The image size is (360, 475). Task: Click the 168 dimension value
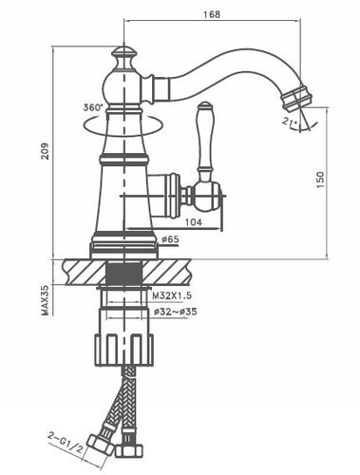[212, 14]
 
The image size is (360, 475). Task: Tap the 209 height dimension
[45, 151]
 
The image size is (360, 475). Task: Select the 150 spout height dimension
[320, 180]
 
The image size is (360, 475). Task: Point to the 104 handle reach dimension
[194, 222]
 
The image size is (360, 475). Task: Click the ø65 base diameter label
[170, 239]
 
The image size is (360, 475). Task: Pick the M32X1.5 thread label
[172, 296]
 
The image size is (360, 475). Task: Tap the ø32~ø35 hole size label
[176, 312]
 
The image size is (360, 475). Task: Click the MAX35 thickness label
[45, 300]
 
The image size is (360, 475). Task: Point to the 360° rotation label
[93, 107]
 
